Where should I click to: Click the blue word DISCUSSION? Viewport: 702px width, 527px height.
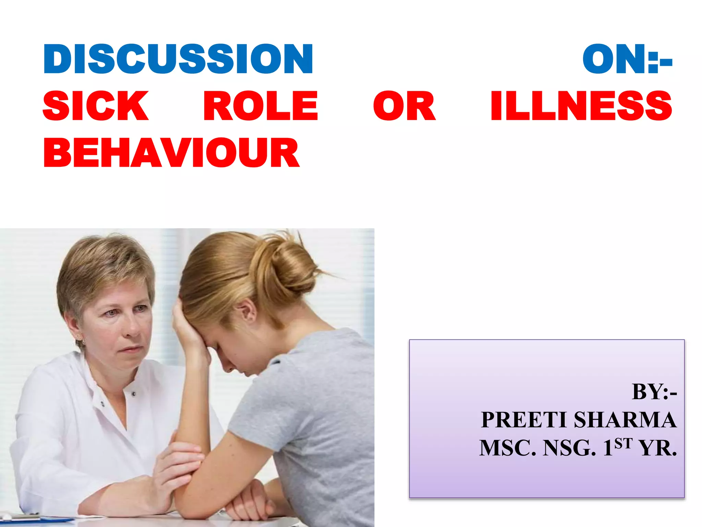pos(178,59)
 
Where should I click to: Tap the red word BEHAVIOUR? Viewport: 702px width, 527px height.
pos(171,153)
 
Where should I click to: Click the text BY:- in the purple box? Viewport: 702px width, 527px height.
pos(654,391)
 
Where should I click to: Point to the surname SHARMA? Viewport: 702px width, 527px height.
pos(625,420)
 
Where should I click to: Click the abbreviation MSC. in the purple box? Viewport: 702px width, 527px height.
pos(507,448)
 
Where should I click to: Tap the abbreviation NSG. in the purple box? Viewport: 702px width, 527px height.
pos(569,448)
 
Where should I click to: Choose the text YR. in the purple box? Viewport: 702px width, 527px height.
pos(658,448)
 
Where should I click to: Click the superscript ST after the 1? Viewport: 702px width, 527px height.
pos(623,443)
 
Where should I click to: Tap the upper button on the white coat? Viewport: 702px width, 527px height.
pos(134,394)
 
